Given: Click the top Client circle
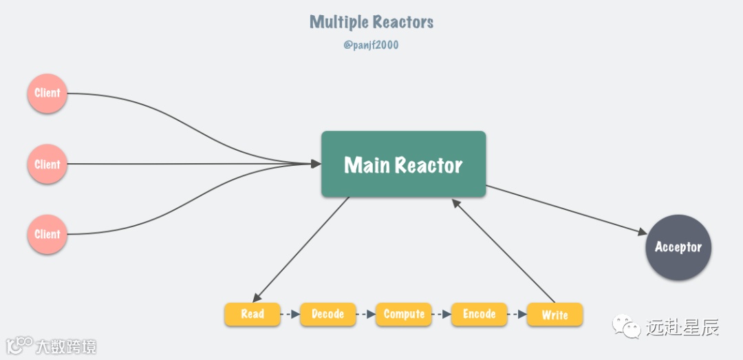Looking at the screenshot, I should [47, 93].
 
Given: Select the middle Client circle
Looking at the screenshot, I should [47, 165].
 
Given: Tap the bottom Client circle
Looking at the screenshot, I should [47, 234].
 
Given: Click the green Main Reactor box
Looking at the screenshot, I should [403, 165].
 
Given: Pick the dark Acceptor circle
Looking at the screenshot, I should [678, 247].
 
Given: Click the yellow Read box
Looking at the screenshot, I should [252, 314].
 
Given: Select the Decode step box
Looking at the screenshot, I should [327, 314].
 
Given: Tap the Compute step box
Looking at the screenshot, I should [404, 314].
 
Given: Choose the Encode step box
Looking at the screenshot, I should [479, 314].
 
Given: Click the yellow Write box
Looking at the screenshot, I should [554, 315].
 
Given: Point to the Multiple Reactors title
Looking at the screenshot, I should [371, 22].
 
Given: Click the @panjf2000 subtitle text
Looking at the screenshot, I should [371, 45].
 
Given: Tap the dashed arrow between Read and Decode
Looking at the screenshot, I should [290, 315].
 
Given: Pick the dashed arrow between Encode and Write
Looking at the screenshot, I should [517, 315].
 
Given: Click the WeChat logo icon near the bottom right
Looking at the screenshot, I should [626, 328].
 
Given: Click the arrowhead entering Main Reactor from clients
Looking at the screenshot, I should [316, 164].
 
